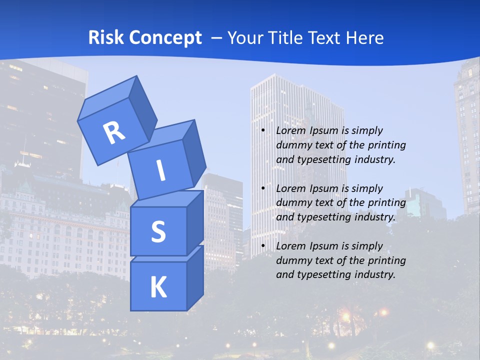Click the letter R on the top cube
[x=114, y=132]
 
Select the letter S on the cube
[x=158, y=231]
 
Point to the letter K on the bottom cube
[x=158, y=287]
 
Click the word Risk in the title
[x=106, y=37]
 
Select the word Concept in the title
[x=164, y=37]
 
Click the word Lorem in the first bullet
[x=289, y=130]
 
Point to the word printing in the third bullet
[x=387, y=260]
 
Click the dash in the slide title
[x=217, y=37]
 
